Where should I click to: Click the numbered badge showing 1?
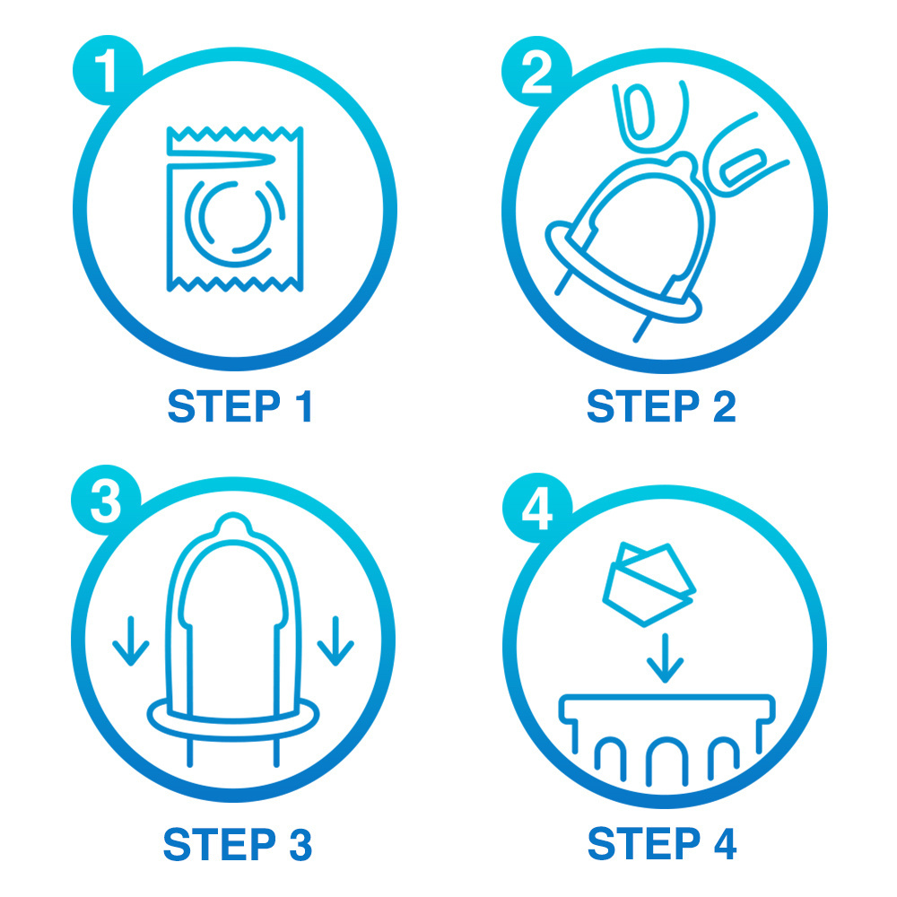[107, 70]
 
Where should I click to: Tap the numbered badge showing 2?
[536, 71]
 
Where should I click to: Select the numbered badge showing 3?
[106, 500]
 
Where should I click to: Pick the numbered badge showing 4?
[537, 508]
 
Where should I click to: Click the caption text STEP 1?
[239, 406]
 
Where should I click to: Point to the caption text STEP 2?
[661, 406]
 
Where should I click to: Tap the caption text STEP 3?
[238, 843]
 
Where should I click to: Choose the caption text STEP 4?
[662, 842]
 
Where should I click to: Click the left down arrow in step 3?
[131, 640]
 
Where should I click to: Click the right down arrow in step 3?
[335, 640]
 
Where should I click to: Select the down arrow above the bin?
[665, 658]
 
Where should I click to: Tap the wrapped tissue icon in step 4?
[649, 584]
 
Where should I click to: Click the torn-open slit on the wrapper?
[222, 160]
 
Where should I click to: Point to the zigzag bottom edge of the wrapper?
[234, 283]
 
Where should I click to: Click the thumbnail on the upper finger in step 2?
[639, 112]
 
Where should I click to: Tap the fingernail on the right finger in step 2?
[743, 167]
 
